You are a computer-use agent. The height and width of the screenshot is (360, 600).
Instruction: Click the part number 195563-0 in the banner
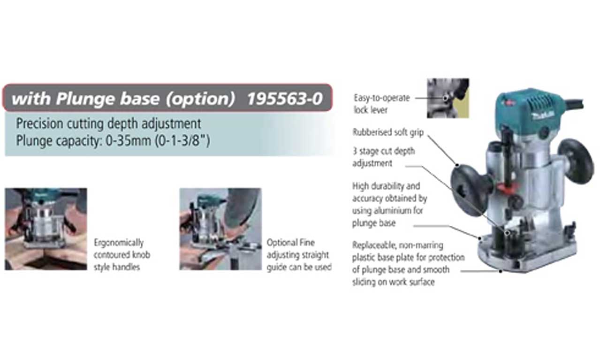285,99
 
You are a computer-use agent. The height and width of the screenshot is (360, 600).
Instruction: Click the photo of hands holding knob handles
46,229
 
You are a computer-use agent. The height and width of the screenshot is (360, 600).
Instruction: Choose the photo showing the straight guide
220,229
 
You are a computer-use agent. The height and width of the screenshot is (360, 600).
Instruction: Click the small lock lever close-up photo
448,98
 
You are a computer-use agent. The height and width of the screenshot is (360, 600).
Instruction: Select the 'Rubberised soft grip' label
387,132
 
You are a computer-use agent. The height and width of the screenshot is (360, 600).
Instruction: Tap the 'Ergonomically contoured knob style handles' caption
122,255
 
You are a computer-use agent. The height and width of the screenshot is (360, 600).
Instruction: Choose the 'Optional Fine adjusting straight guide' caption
298,255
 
